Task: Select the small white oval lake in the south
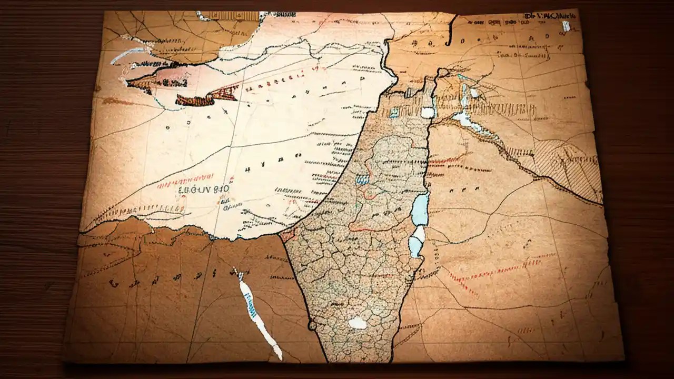358,323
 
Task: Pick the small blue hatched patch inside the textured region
362,179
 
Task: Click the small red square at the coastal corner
288,235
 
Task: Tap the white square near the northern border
427,112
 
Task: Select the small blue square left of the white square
394,112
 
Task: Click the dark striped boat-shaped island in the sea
195,99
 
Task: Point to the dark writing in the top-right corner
550,16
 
